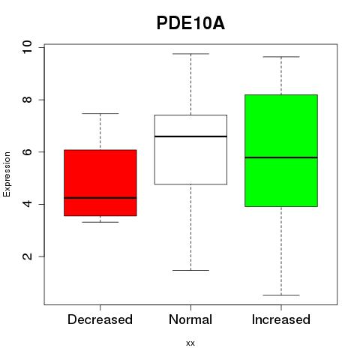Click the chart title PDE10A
point(190,23)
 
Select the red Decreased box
point(100,183)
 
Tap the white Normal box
point(190,149)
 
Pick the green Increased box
point(281,151)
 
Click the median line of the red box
point(100,198)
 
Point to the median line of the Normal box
point(190,136)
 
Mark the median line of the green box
point(281,157)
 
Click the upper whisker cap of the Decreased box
point(100,113)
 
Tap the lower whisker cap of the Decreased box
point(100,222)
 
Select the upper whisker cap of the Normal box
point(190,54)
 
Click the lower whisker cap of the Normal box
point(190,270)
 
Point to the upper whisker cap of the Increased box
point(281,57)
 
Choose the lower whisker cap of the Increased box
point(281,295)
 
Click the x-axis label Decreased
point(100,319)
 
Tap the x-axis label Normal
point(190,319)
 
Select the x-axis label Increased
point(281,319)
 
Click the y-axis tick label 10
point(27,47)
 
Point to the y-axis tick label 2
point(27,256)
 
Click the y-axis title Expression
point(7,174)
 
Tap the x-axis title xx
point(190,343)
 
